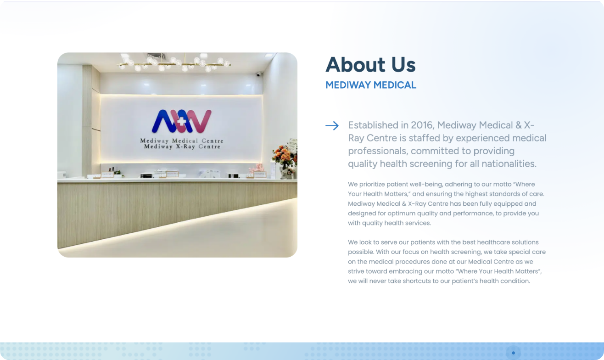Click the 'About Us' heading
pyautogui.click(x=370, y=64)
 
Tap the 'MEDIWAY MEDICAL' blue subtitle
pyautogui.click(x=371, y=85)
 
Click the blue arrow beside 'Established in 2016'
pyautogui.click(x=332, y=125)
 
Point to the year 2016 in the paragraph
pyautogui.click(x=422, y=125)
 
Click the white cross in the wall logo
pyautogui.click(x=181, y=121)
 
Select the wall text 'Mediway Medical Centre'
pyautogui.click(x=182, y=141)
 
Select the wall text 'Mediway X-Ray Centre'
pyautogui.click(x=182, y=146)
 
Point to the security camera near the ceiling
pyautogui.click(x=258, y=74)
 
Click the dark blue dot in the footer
pyautogui.click(x=514, y=353)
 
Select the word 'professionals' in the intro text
pyautogui.click(x=377, y=151)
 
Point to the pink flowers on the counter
pyautogui.click(x=256, y=168)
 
